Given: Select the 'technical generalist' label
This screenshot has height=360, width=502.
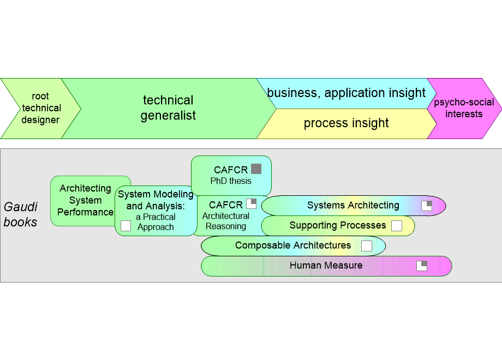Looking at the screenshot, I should (168, 108).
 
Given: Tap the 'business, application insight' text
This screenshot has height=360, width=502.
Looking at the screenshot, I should (346, 93).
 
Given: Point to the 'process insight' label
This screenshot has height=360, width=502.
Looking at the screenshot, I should (346, 123).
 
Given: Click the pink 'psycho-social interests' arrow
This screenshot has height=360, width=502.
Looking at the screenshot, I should (464, 108).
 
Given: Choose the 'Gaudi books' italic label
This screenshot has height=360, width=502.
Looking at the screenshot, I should (21, 214).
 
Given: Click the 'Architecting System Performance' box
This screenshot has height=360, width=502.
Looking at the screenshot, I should (85, 200).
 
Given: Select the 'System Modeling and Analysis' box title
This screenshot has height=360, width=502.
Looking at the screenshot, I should (156, 200).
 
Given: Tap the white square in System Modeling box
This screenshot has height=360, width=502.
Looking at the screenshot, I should (125, 226).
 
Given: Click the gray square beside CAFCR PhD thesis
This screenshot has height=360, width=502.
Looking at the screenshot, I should (256, 169).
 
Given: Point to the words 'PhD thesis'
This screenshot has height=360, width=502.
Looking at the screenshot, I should (231, 181).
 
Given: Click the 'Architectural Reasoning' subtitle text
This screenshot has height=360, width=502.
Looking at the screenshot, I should (225, 221).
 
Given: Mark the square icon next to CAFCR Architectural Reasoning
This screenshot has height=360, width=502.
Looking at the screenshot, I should (251, 204).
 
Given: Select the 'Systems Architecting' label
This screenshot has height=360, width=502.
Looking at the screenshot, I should (353, 206).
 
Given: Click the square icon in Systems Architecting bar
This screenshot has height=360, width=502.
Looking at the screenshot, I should (427, 206).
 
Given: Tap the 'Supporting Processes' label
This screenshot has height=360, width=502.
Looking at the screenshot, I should (337, 225).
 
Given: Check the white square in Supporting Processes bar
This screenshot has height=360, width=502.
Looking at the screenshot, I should (397, 226).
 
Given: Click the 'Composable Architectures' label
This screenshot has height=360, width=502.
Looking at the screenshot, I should (293, 245).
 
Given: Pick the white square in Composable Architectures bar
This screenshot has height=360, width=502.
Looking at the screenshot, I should (367, 246).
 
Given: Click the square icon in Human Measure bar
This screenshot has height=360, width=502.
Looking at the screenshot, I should (422, 266).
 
